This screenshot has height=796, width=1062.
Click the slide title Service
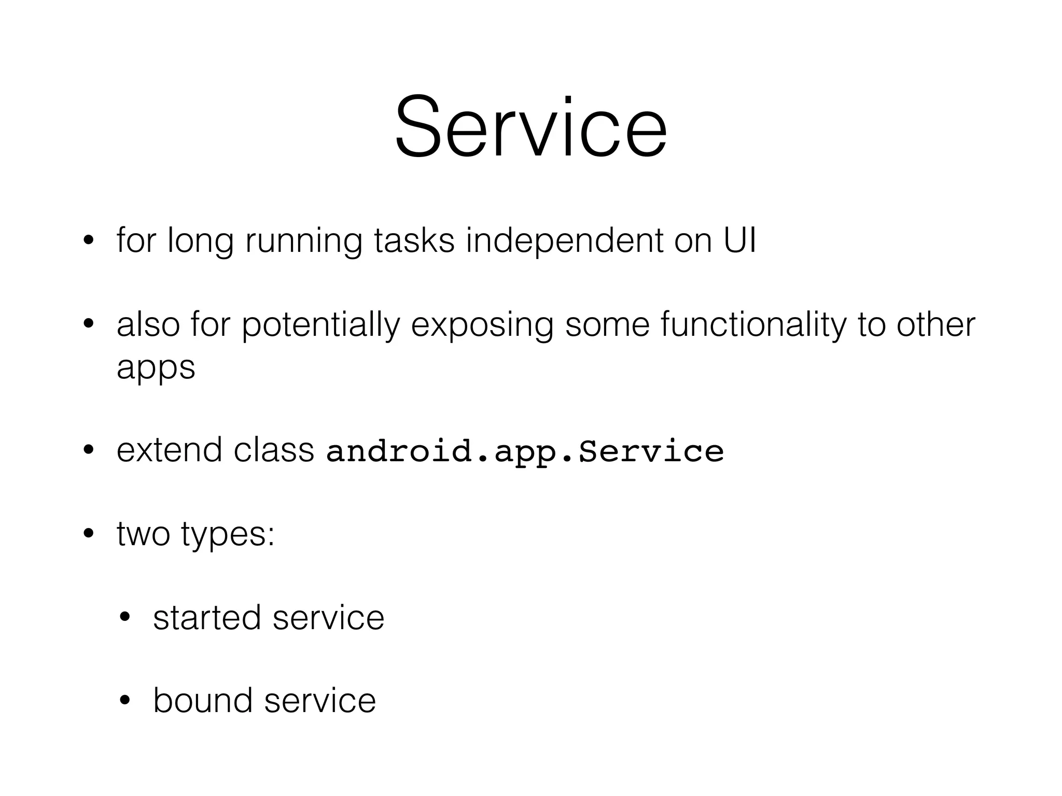click(530, 127)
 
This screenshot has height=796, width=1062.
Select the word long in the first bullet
click(200, 241)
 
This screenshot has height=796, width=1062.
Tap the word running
click(303, 241)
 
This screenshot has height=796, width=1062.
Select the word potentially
click(320, 325)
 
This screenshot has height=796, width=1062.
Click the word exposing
click(482, 325)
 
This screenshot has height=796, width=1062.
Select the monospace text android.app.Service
click(525, 451)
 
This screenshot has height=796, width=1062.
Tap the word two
click(143, 534)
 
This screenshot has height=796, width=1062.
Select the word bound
click(202, 701)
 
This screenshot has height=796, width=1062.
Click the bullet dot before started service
click(125, 618)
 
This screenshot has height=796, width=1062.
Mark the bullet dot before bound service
click(125, 701)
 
